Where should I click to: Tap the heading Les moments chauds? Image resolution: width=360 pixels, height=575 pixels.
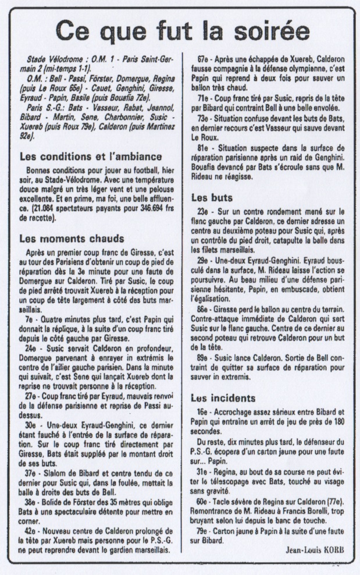[72, 238]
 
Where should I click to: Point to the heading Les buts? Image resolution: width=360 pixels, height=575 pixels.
[212, 198]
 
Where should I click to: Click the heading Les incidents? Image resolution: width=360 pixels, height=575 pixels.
[223, 398]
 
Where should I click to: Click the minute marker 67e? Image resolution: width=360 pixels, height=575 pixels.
[204, 59]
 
